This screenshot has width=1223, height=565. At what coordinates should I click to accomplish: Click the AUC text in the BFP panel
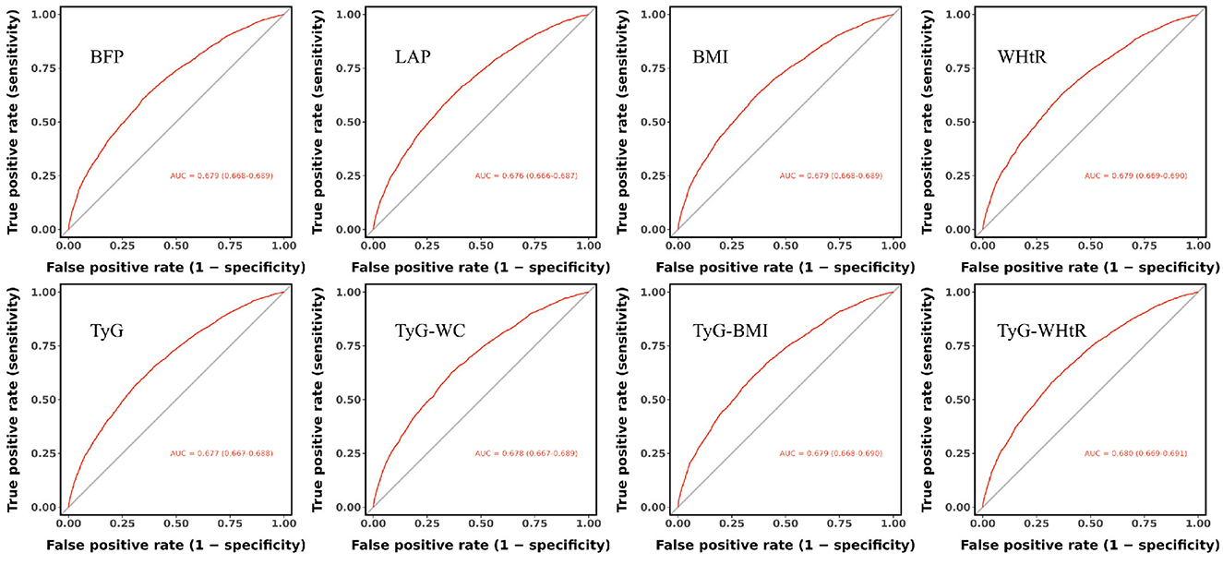click(221, 175)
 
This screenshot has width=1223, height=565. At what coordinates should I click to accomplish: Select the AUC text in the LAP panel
click(526, 175)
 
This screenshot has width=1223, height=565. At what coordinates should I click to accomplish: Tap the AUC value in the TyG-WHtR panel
click(1135, 453)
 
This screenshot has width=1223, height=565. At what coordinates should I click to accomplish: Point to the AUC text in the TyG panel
click(221, 453)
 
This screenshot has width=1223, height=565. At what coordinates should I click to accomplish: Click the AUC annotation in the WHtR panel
click(1135, 175)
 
